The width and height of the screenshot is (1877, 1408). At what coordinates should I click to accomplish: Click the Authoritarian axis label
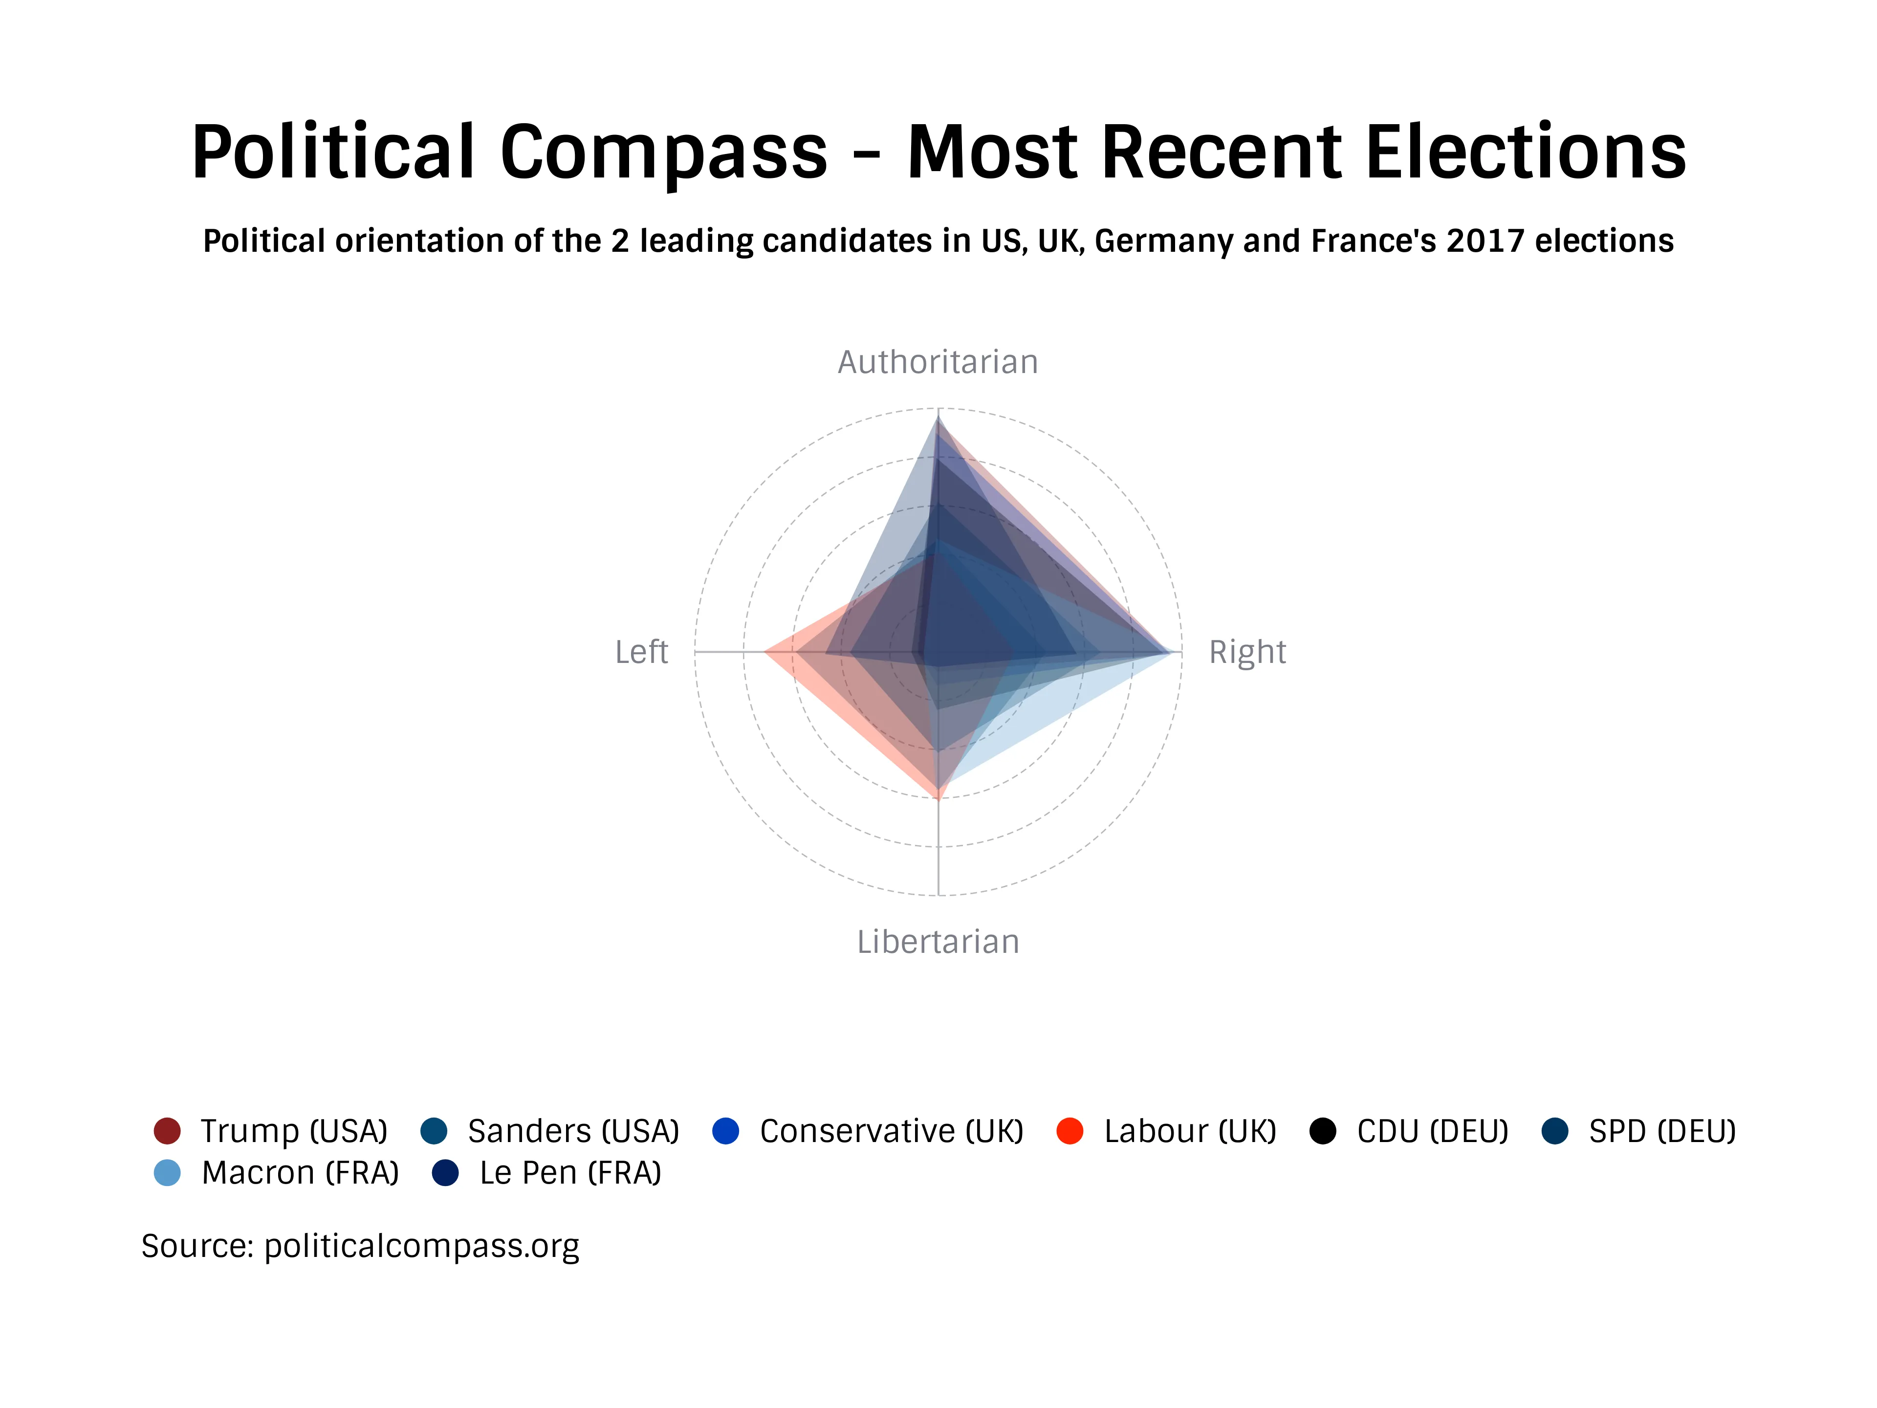938,362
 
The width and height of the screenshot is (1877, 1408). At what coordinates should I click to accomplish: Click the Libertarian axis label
938,942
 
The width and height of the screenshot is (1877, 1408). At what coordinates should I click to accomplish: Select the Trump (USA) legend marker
167,1131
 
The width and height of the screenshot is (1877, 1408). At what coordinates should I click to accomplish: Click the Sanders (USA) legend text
573,1131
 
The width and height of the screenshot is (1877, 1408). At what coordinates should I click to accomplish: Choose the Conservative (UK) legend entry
891,1131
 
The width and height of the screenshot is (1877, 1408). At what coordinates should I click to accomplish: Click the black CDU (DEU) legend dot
1323,1131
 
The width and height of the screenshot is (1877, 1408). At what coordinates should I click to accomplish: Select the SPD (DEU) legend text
1661,1131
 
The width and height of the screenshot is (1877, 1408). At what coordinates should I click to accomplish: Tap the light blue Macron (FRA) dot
167,1173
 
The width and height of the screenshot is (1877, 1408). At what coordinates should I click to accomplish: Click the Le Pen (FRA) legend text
570,1173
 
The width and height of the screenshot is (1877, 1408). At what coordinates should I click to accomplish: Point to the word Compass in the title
664,153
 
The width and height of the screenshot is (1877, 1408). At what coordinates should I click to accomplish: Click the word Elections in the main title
1525,153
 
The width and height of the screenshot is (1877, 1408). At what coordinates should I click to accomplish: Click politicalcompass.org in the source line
422,1246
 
